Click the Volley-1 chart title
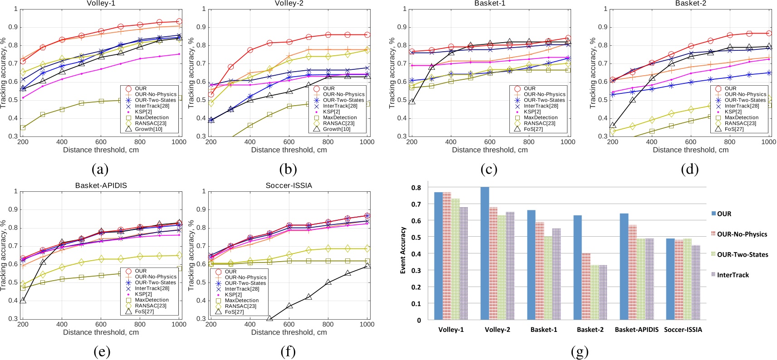(x=101, y=3)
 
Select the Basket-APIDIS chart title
(x=101, y=185)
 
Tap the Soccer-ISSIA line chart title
(x=289, y=185)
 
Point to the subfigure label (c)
(x=489, y=169)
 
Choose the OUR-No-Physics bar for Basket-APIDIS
(x=633, y=272)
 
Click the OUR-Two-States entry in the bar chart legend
(x=742, y=254)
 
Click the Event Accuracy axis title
(x=403, y=250)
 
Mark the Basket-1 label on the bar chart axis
(x=543, y=330)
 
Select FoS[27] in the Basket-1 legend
(x=533, y=129)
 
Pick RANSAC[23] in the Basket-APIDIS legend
(x=150, y=306)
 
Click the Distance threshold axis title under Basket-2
(x=690, y=150)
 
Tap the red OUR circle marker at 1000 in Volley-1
(x=179, y=21)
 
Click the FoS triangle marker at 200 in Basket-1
(x=412, y=102)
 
